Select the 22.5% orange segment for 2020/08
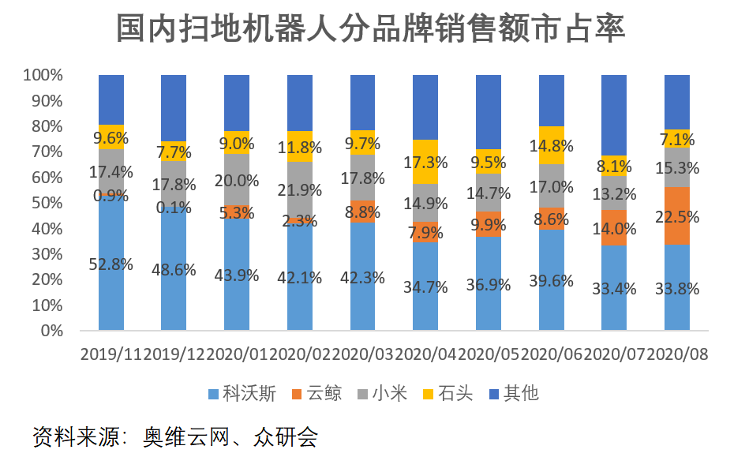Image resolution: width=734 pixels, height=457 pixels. pyautogui.click(x=676, y=215)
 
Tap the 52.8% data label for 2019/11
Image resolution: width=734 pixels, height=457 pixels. pyautogui.click(x=110, y=264)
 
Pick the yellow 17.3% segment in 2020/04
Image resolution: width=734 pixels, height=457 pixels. pyautogui.click(x=425, y=162)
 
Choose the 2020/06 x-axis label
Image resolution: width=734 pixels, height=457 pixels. pyautogui.click(x=551, y=354)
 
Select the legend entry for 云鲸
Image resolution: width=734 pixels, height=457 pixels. pyautogui.click(x=313, y=393)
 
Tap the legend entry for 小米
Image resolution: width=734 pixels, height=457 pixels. pyautogui.click(x=380, y=393)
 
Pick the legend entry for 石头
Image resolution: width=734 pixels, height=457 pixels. pyautogui.click(x=447, y=393)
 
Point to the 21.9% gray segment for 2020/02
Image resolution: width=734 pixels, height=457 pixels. pyautogui.click(x=299, y=189)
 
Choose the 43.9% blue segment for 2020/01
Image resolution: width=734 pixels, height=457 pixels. pyautogui.click(x=236, y=275)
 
